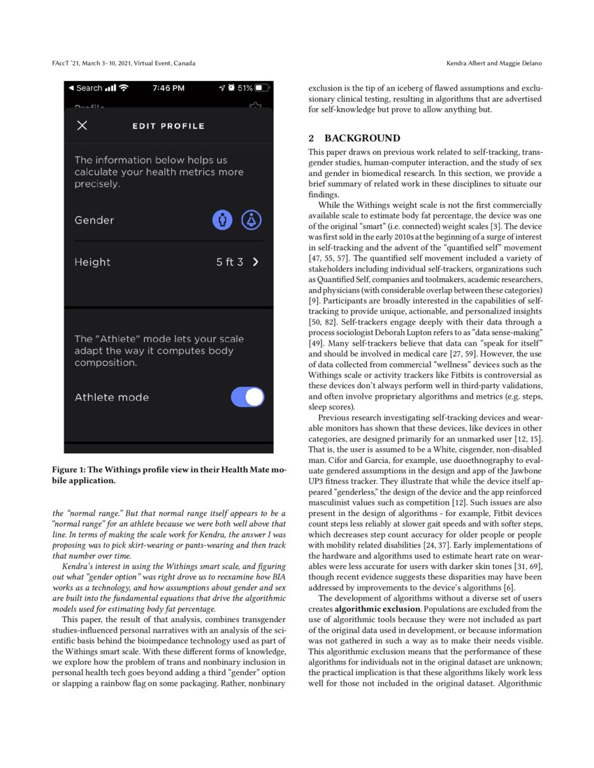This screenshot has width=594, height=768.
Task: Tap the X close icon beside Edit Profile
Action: click(x=82, y=126)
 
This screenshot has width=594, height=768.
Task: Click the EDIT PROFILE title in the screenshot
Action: click(x=168, y=126)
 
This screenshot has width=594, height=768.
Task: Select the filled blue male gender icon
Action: click(x=222, y=221)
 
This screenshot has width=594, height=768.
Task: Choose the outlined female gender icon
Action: click(x=252, y=221)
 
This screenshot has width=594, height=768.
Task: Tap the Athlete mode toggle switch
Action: click(x=247, y=397)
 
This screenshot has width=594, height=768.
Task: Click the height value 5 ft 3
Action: click(x=230, y=263)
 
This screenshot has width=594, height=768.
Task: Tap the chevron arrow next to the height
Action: click(x=256, y=263)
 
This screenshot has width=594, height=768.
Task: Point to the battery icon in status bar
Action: click(x=261, y=88)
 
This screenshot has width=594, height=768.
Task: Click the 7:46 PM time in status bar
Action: click(x=168, y=88)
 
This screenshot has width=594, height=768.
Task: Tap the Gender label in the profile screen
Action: click(x=94, y=221)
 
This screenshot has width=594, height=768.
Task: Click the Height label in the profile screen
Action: click(x=92, y=263)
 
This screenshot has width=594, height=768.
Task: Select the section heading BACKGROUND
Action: click(x=362, y=138)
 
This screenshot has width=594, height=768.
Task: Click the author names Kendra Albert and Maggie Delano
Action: click(x=493, y=64)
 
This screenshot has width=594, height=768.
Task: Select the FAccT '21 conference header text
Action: click(x=124, y=64)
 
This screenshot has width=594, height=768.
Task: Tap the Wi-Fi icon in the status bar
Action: click(x=124, y=88)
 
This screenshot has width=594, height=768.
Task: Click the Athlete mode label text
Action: click(x=112, y=397)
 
